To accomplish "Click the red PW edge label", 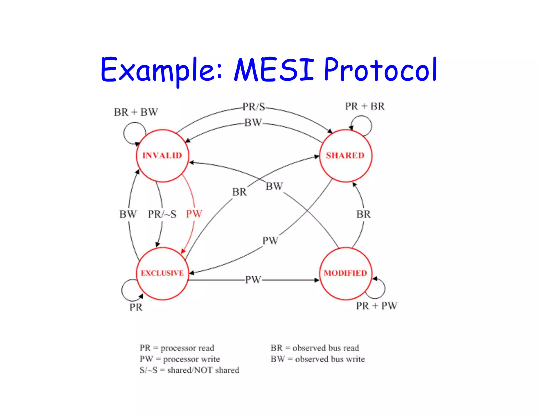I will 194,214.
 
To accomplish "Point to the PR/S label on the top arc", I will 254,107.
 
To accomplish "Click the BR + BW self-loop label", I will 136,112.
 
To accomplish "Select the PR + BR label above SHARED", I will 365,106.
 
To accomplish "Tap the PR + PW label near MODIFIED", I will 376,306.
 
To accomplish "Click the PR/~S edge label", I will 162,214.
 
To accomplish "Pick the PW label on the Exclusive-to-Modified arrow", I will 253,280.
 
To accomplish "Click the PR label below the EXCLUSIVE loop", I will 136,307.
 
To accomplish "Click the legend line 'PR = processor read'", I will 177,348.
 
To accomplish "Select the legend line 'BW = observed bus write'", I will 318,359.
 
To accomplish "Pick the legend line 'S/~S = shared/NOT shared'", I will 189,370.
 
